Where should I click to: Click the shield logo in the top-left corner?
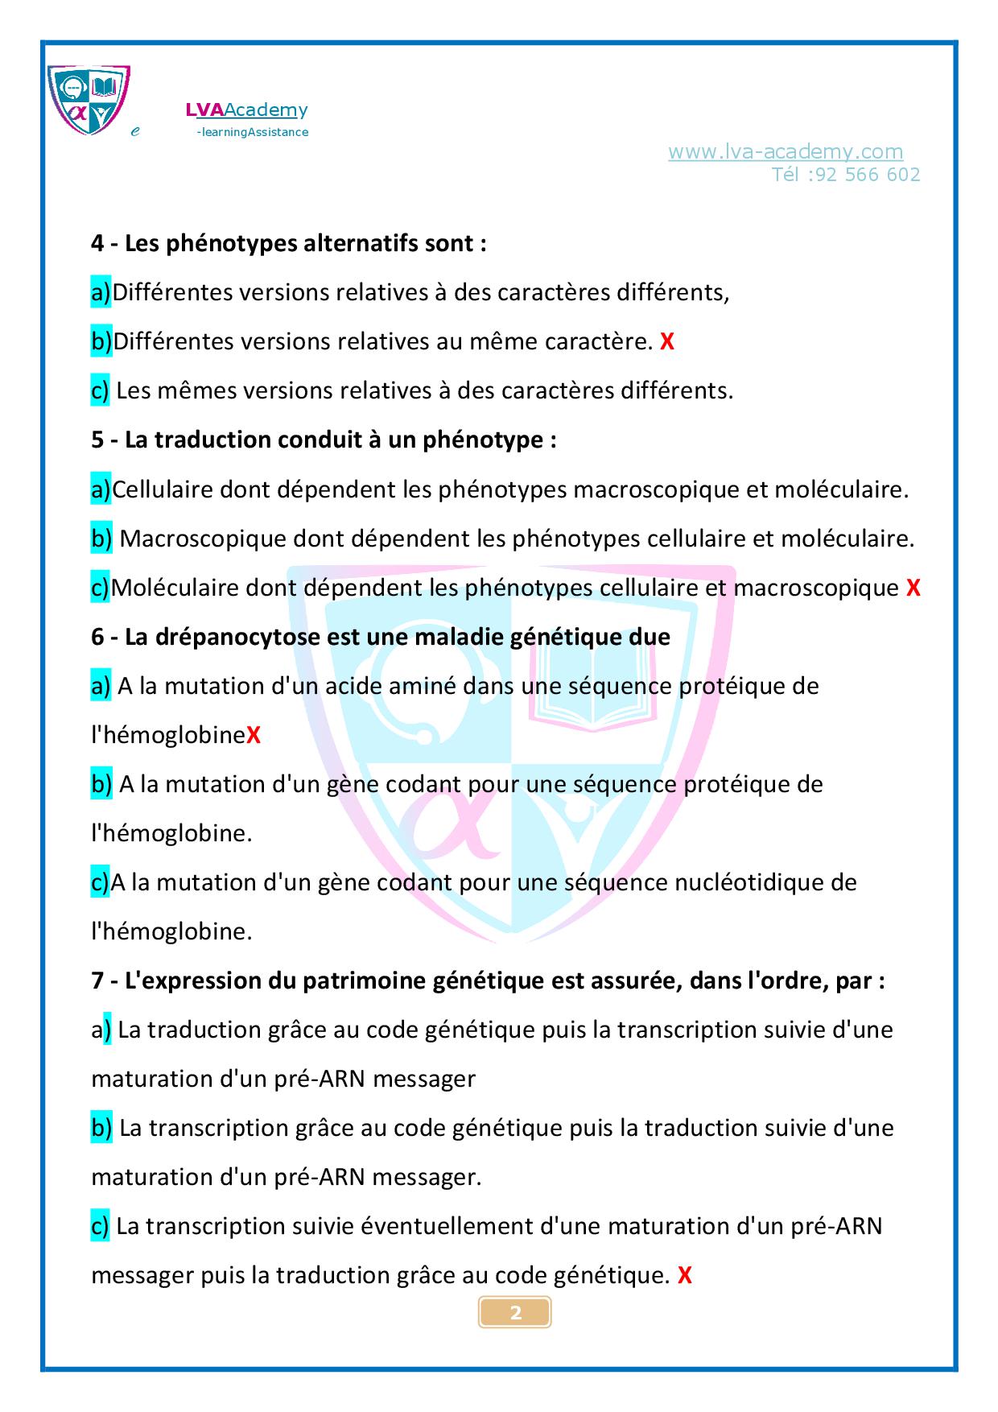(89, 99)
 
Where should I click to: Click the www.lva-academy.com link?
(786, 151)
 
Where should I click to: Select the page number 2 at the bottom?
(516, 1313)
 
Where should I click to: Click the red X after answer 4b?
(666, 342)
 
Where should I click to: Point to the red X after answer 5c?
(913, 588)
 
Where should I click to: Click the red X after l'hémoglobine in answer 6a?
(254, 735)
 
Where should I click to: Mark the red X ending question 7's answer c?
(685, 1275)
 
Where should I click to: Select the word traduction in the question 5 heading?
(212, 440)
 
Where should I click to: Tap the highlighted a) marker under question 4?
(101, 293)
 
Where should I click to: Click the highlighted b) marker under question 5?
(101, 539)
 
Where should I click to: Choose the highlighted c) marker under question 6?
(100, 882)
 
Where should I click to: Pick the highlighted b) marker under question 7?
(101, 1128)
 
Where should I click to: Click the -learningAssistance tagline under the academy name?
(252, 132)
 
